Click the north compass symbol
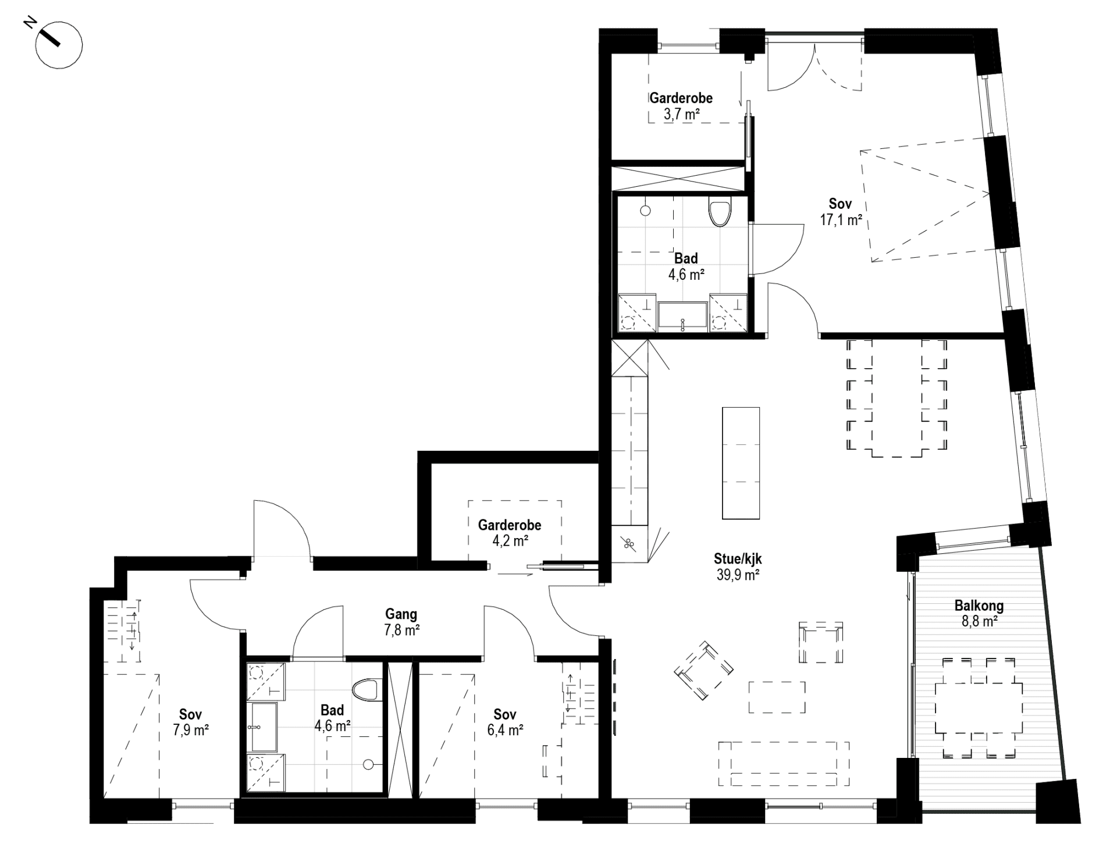point(59,44)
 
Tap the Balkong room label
point(979,606)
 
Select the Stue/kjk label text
point(738,559)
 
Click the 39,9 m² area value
point(738,575)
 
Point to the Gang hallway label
point(401,614)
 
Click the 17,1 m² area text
point(840,220)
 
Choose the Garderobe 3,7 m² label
point(681,106)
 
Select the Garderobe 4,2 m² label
point(510,533)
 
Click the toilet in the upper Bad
point(720,213)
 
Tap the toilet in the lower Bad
point(365,691)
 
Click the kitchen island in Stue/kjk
point(741,463)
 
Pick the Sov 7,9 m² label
point(191,722)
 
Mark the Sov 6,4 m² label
point(505,722)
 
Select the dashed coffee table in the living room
point(777,697)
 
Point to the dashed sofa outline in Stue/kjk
point(784,763)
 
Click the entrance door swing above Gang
point(282,529)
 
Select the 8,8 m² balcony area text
point(980,621)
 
